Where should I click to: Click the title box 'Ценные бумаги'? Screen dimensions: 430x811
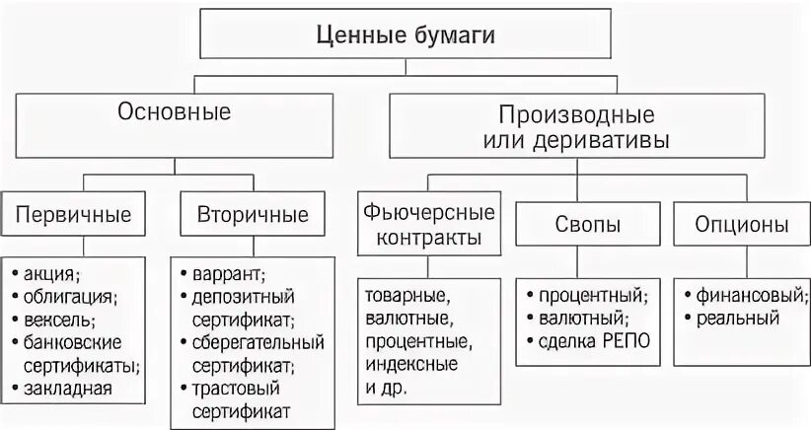[405, 36]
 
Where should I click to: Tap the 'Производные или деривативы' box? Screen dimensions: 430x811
[576, 126]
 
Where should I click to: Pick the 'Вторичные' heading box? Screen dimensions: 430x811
[253, 214]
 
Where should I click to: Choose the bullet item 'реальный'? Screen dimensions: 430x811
[739, 319]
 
